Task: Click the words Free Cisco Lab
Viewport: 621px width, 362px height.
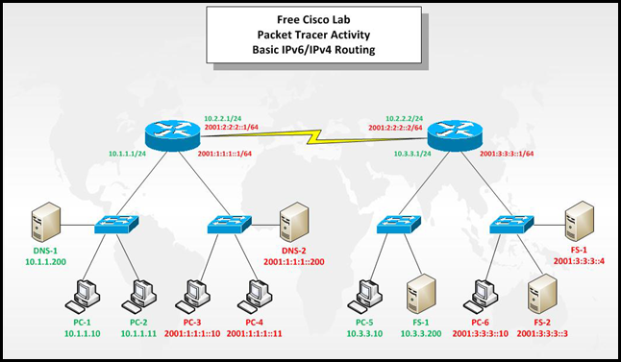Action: [x=310, y=19]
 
